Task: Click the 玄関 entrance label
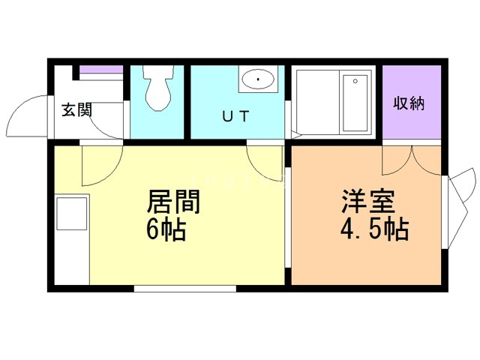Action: coord(76,110)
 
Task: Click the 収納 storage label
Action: coord(409,103)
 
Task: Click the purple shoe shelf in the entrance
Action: coord(102,71)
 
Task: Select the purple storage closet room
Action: coord(411,102)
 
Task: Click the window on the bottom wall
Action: coord(184,288)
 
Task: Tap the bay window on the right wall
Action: coord(459,206)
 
